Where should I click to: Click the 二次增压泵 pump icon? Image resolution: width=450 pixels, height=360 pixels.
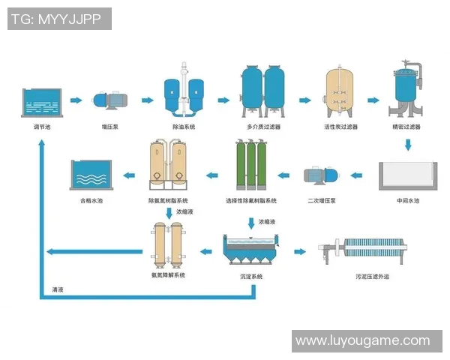click(320, 177)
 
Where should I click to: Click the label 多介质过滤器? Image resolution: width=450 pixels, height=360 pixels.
click(263, 127)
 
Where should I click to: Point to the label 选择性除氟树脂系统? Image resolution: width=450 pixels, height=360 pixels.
click(251, 201)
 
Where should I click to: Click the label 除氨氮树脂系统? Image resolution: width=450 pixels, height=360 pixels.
click(168, 201)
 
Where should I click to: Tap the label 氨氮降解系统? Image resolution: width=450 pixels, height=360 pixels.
click(168, 275)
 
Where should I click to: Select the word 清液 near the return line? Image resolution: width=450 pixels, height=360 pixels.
click(57, 289)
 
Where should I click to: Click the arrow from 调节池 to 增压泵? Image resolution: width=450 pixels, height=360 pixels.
click(76, 100)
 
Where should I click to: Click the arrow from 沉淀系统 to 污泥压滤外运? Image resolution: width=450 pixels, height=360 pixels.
click(300, 251)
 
